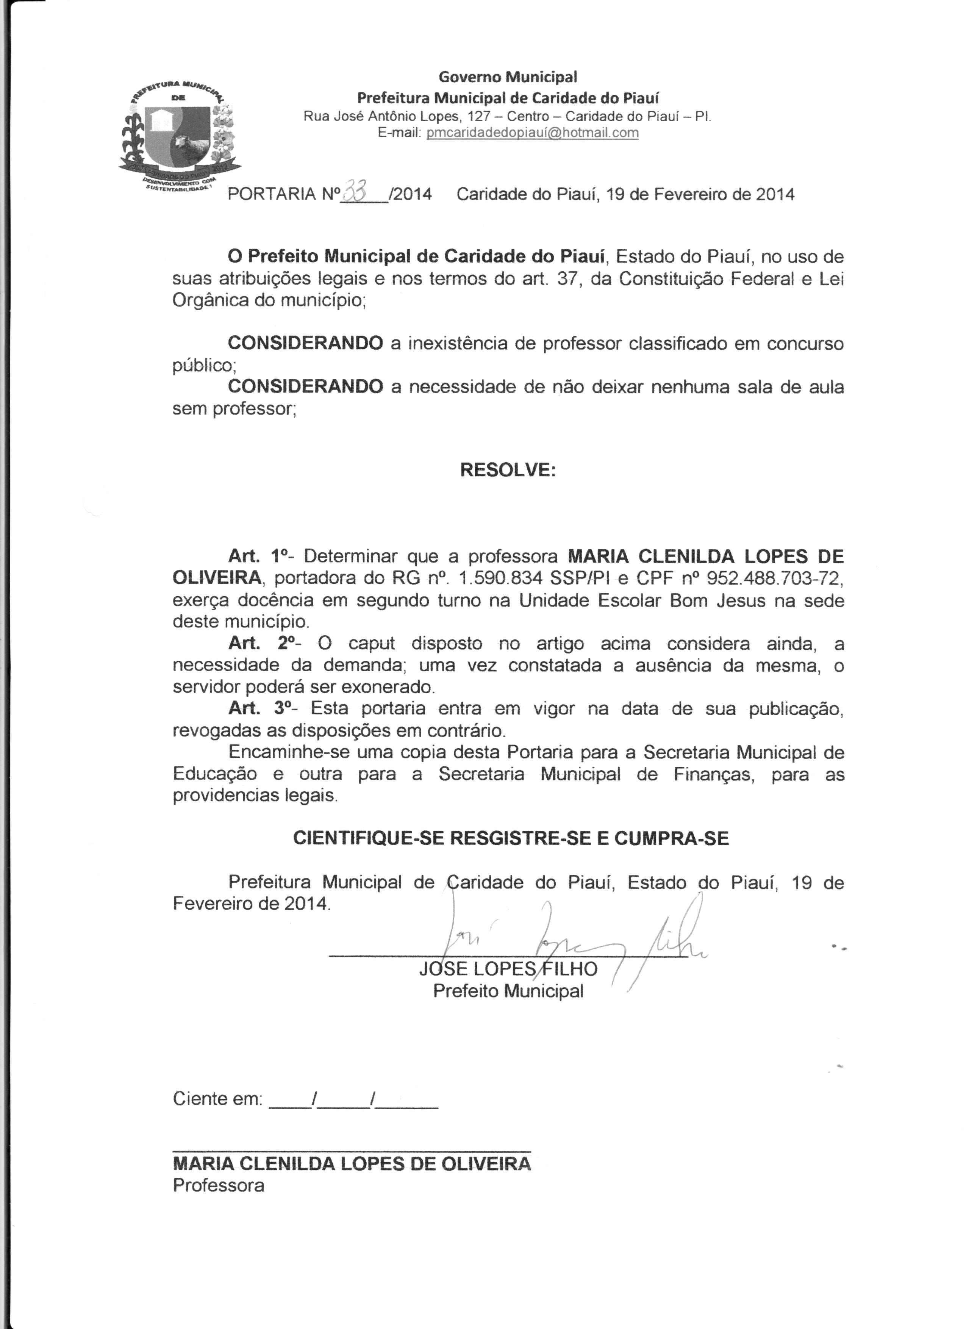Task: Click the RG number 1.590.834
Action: [x=501, y=579]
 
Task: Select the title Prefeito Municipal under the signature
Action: [x=508, y=991]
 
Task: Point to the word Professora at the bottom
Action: [x=219, y=1185]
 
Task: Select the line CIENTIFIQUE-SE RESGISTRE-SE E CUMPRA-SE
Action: [x=510, y=838]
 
